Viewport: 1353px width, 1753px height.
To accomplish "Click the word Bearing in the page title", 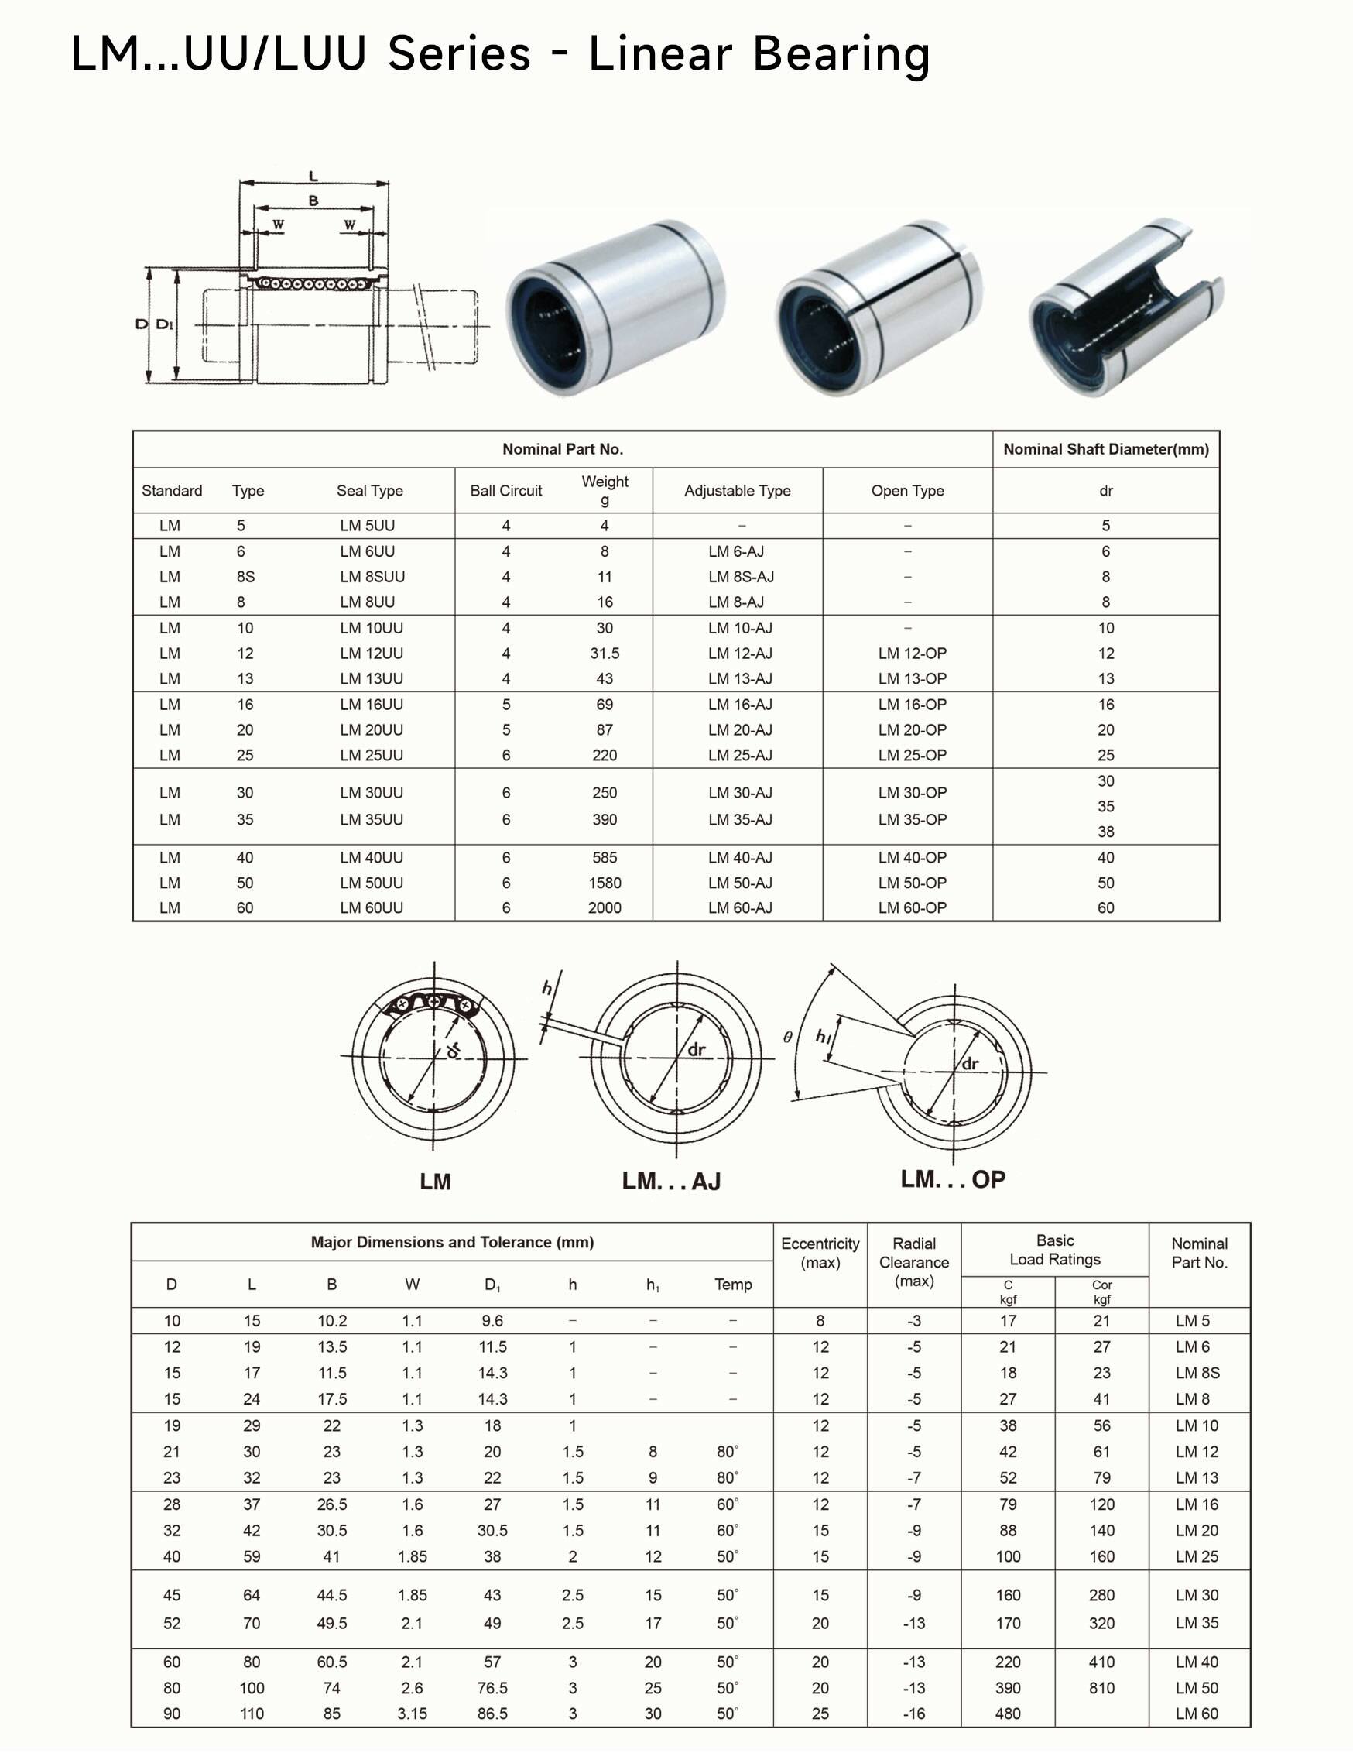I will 841,54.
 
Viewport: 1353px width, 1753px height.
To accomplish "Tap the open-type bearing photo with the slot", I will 1125,308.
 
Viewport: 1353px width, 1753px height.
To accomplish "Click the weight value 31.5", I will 605,654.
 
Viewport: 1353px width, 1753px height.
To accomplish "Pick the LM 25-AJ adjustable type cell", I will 740,755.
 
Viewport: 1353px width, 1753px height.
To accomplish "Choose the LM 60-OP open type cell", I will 912,907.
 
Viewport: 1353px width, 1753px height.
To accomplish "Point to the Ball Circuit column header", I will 505,490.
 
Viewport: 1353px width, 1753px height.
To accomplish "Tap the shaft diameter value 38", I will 1106,832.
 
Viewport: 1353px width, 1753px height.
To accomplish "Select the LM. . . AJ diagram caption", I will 671,1181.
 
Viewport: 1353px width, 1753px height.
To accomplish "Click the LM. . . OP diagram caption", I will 953,1179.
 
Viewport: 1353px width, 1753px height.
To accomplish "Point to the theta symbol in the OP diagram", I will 788,1037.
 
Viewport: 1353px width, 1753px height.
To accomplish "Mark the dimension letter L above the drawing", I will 313,176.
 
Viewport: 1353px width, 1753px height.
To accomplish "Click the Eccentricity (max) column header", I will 820,1252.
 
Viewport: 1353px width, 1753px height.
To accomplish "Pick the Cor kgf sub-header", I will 1101,1292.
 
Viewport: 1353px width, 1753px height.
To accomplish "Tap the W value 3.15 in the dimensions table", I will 412,1714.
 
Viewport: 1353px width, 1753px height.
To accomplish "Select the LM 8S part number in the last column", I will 1197,1373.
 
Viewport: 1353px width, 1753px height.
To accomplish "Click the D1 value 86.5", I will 492,1714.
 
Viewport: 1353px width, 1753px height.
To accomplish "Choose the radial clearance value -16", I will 913,1714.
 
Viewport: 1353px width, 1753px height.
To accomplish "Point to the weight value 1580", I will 605,883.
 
